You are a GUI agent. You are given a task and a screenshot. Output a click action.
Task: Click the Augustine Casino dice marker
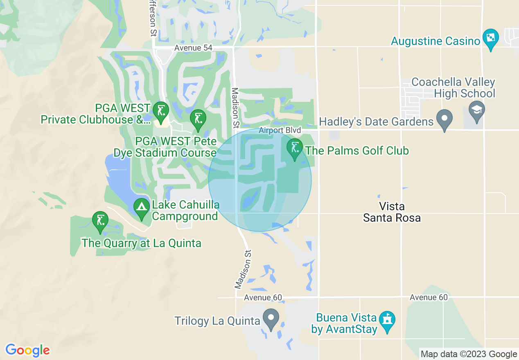pos(490,38)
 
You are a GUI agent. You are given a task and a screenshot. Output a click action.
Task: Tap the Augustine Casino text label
pos(435,41)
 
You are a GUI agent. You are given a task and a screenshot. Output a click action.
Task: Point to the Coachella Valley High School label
pos(453,88)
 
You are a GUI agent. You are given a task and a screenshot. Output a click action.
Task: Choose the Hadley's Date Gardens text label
pos(376,122)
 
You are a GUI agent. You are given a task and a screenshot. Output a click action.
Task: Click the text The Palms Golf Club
pos(357,151)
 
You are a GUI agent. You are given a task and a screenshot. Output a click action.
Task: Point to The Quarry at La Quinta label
pos(141,243)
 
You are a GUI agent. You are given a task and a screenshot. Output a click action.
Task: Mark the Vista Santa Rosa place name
pos(392,212)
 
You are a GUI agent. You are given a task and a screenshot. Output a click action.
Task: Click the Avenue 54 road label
pos(193,48)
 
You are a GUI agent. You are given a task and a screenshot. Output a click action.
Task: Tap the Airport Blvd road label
pos(280,130)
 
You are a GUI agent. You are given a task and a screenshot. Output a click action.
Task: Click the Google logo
pos(27,350)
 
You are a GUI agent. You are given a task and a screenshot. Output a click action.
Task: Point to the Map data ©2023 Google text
pos(469,354)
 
